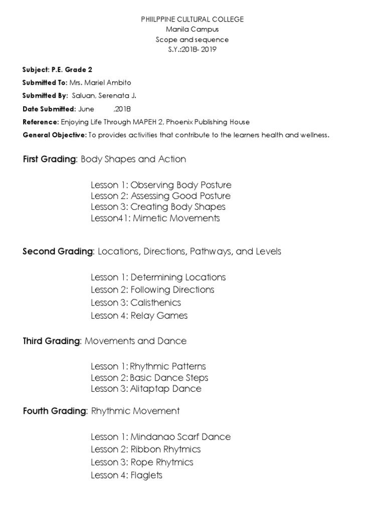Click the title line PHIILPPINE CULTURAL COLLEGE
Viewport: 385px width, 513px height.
pyautogui.click(x=192, y=19)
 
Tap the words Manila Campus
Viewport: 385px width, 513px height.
pyautogui.click(x=192, y=29)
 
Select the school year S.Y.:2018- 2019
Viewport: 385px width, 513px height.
pyautogui.click(x=192, y=50)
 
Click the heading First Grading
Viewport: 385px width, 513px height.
pyautogui.click(x=50, y=159)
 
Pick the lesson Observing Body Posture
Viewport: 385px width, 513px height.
pyautogui.click(x=181, y=185)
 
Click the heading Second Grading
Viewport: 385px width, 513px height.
pyautogui.click(x=58, y=251)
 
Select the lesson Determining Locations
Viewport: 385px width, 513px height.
pyautogui.click(x=178, y=277)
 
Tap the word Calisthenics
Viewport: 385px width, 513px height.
pyautogui.click(x=155, y=303)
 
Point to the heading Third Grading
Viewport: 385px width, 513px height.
pyautogui.click(x=51, y=341)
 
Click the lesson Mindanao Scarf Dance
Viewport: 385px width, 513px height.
pyautogui.click(x=180, y=437)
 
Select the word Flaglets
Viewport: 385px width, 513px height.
pyautogui.click(x=146, y=475)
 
